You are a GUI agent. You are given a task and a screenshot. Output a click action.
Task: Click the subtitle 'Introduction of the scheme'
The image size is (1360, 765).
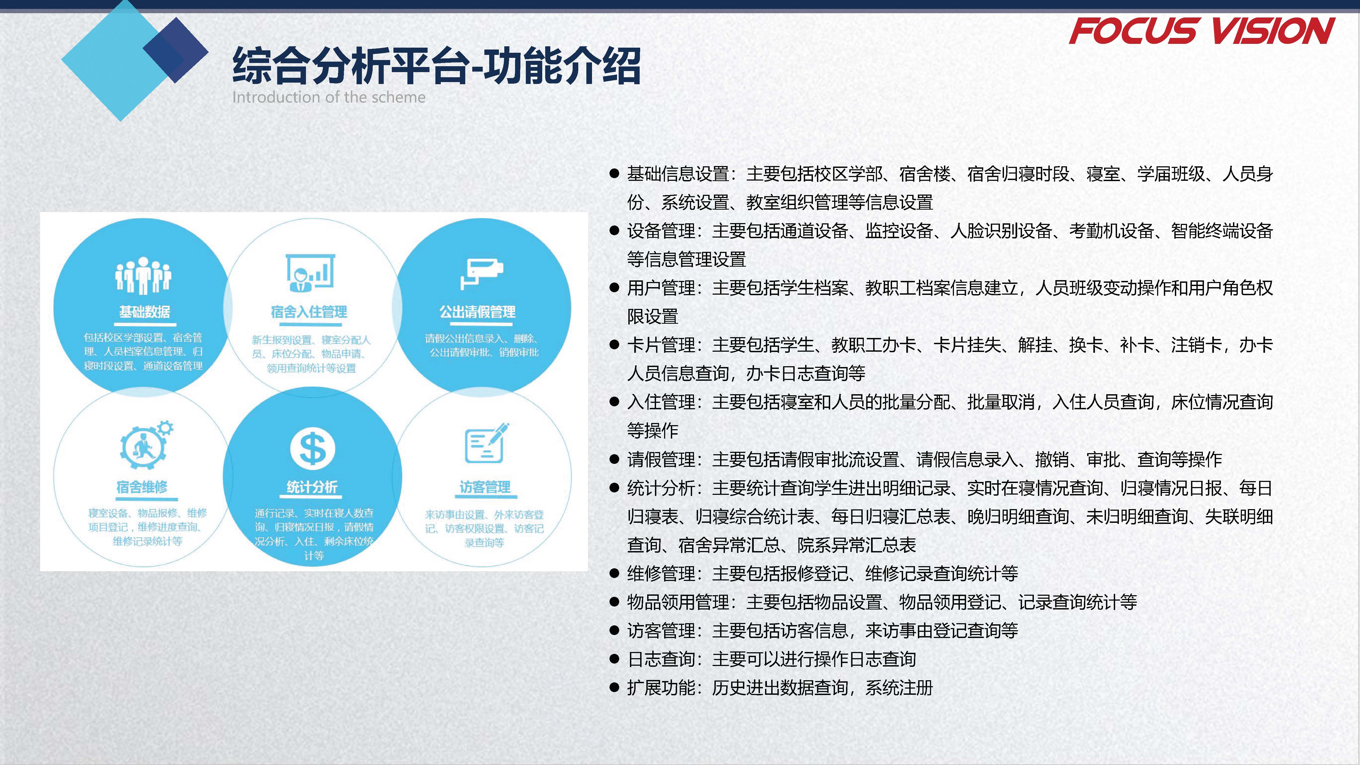point(328,97)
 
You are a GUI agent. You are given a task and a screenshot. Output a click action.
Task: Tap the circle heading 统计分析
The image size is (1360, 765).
point(312,487)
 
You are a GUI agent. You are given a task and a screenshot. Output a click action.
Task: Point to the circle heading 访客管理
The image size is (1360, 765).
point(485,487)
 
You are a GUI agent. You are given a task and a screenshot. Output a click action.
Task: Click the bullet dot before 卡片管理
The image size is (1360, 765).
point(614,345)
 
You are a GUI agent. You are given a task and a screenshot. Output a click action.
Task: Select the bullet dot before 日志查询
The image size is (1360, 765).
point(614,659)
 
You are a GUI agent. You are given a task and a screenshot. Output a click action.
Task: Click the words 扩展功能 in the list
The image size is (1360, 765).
point(661,688)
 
